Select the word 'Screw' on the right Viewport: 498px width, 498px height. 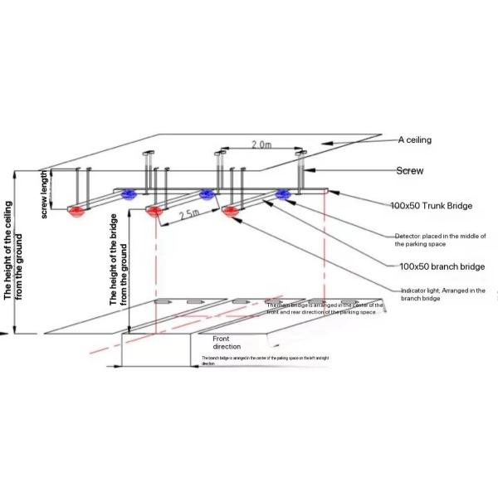click(410, 171)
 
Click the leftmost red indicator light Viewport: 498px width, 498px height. click(77, 211)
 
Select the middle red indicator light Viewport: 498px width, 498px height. click(154, 212)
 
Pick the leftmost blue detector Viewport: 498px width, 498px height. click(129, 195)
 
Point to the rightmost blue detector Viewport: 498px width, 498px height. click(283, 195)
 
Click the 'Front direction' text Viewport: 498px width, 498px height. click(227, 343)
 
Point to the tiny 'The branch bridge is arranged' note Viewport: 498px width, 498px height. click(266, 359)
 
